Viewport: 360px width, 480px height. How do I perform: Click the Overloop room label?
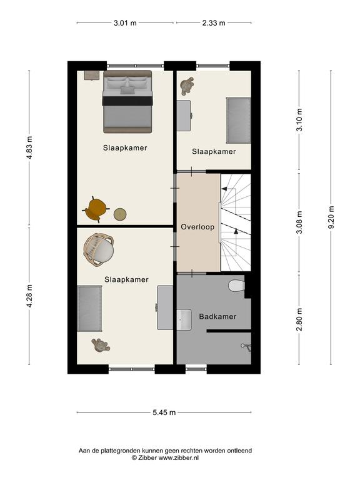pyautogui.click(x=197, y=227)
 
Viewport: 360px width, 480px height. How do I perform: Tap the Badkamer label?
pyautogui.click(x=217, y=316)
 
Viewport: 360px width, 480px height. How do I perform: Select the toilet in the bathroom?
pyautogui.click(x=237, y=286)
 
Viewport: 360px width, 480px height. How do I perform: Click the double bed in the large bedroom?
pyautogui.click(x=127, y=102)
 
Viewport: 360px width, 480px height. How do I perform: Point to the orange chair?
pyautogui.click(x=96, y=209)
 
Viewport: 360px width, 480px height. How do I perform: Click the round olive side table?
pyautogui.click(x=120, y=214)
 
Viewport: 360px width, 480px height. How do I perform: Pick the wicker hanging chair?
pyautogui.click(x=99, y=250)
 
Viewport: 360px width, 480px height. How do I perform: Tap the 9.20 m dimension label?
pyautogui.click(x=331, y=217)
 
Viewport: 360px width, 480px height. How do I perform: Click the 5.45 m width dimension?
pyautogui.click(x=164, y=412)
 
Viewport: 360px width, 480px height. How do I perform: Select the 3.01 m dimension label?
pyautogui.click(x=125, y=22)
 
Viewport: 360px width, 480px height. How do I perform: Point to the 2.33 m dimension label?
pyautogui.click(x=214, y=22)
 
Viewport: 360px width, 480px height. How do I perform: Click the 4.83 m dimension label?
pyautogui.click(x=29, y=147)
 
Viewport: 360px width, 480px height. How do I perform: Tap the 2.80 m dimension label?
pyautogui.click(x=299, y=319)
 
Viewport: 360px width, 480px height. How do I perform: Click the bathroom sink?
pyautogui.click(x=184, y=319)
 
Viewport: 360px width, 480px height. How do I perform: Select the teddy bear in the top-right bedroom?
pyautogui.click(x=187, y=86)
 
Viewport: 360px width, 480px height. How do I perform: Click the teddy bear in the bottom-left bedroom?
pyautogui.click(x=100, y=346)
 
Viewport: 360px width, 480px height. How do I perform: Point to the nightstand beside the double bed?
pyautogui.click(x=92, y=75)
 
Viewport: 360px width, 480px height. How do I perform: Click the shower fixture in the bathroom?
pyautogui.click(x=246, y=347)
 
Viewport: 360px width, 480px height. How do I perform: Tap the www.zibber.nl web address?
pyautogui.click(x=178, y=458)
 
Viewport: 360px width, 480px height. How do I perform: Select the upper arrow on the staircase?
pyautogui.click(x=224, y=189)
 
